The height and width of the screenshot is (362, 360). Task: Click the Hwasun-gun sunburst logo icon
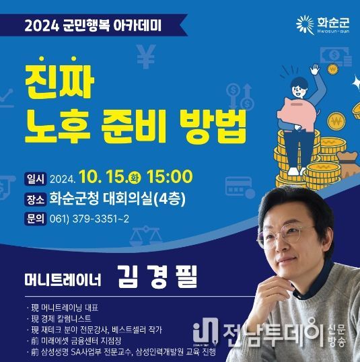pyautogui.click(x=305, y=24)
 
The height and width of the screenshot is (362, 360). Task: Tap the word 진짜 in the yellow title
pyautogui.click(x=59, y=79)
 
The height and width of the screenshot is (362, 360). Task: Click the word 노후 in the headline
pyautogui.click(x=57, y=126)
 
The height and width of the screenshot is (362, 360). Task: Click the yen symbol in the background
pyautogui.click(x=146, y=57)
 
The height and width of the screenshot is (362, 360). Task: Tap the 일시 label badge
pyautogui.click(x=36, y=179)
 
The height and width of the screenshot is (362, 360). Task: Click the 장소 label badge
pyautogui.click(x=36, y=199)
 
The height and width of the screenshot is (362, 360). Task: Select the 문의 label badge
pyautogui.click(x=36, y=219)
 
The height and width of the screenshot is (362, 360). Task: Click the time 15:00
pyautogui.click(x=170, y=176)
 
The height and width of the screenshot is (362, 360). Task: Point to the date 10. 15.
pyautogui.click(x=104, y=177)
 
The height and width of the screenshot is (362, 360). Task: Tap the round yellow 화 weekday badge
pyautogui.click(x=135, y=178)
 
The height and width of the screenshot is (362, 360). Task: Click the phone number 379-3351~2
pyautogui.click(x=101, y=219)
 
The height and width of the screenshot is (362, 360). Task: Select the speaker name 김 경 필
pyautogui.click(x=157, y=277)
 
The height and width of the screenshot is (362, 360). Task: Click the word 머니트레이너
pyautogui.click(x=63, y=279)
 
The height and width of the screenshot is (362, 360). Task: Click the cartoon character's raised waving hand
pyautogui.click(x=315, y=69)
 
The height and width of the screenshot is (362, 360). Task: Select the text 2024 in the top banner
pyautogui.click(x=42, y=26)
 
